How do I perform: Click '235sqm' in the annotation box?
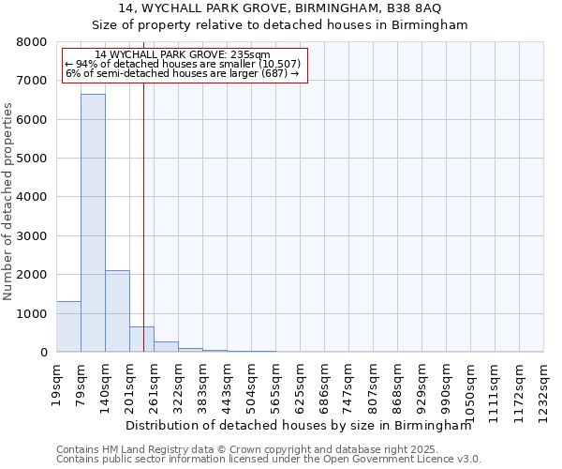pyautogui.click(x=251, y=55)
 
